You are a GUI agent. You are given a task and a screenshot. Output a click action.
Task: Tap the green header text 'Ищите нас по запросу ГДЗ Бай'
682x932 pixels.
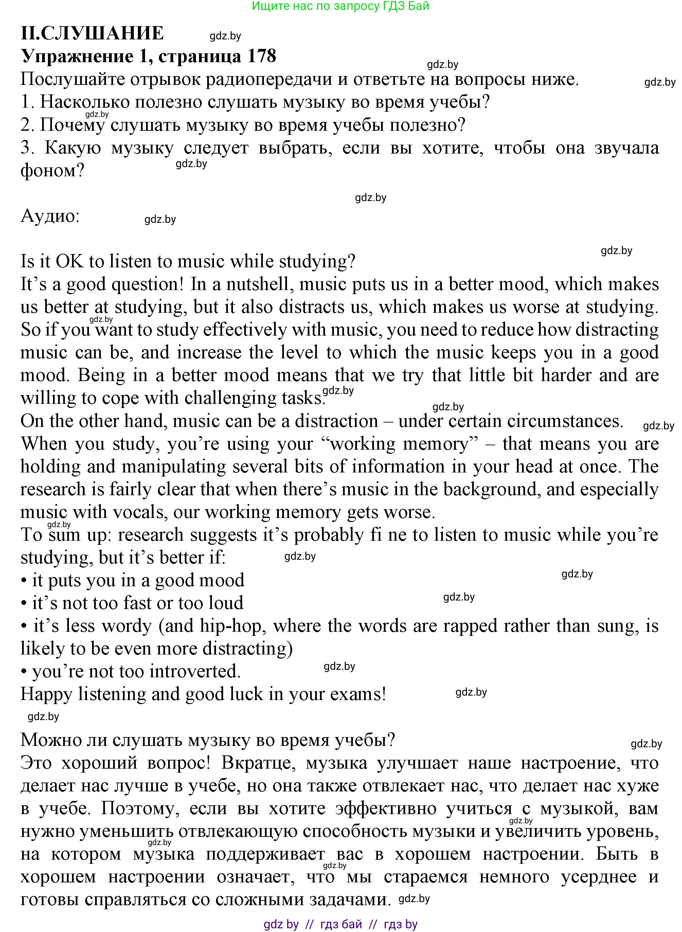(x=341, y=6)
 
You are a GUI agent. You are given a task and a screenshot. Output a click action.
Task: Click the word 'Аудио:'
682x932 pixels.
(x=50, y=216)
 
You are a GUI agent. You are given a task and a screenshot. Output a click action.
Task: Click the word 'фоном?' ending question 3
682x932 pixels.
(x=52, y=170)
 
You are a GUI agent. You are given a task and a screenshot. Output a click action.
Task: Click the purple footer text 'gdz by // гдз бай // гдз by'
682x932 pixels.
(x=341, y=924)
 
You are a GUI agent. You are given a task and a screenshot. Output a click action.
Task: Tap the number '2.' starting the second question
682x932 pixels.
(x=28, y=125)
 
